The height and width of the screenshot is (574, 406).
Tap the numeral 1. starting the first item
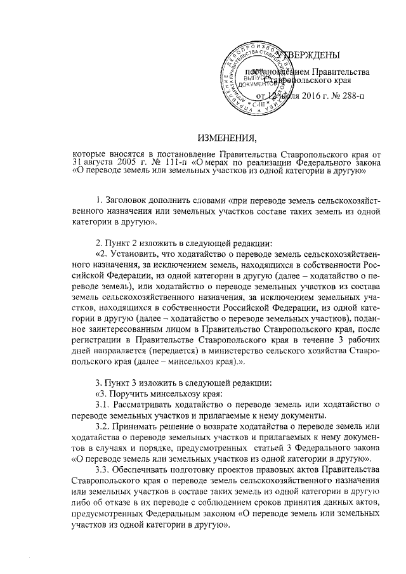pos(98,201)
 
